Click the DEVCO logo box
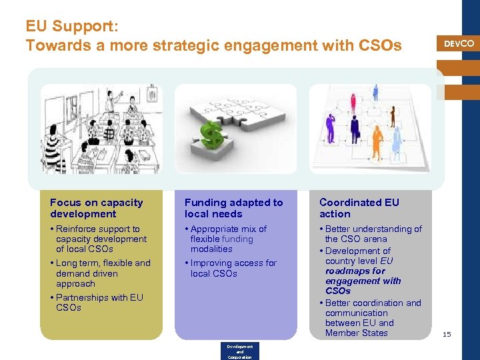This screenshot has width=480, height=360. coord(459,44)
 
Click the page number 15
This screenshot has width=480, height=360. coord(447,334)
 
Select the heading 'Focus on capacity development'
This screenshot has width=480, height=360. coord(97,208)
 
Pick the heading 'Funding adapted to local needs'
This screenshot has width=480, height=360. coord(233,208)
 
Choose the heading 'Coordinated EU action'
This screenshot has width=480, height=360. coord(359,208)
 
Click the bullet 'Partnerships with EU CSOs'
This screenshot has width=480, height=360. coord(99,302)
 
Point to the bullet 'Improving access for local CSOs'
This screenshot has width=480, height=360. coord(233,268)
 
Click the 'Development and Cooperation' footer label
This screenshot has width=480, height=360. coord(239,352)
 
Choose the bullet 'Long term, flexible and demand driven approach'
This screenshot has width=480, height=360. coord(103,273)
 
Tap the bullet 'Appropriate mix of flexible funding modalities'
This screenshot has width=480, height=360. coord(228,239)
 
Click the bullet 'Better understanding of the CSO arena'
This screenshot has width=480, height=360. coord(373,233)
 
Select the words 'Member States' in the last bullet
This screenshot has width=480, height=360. coord(356,333)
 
